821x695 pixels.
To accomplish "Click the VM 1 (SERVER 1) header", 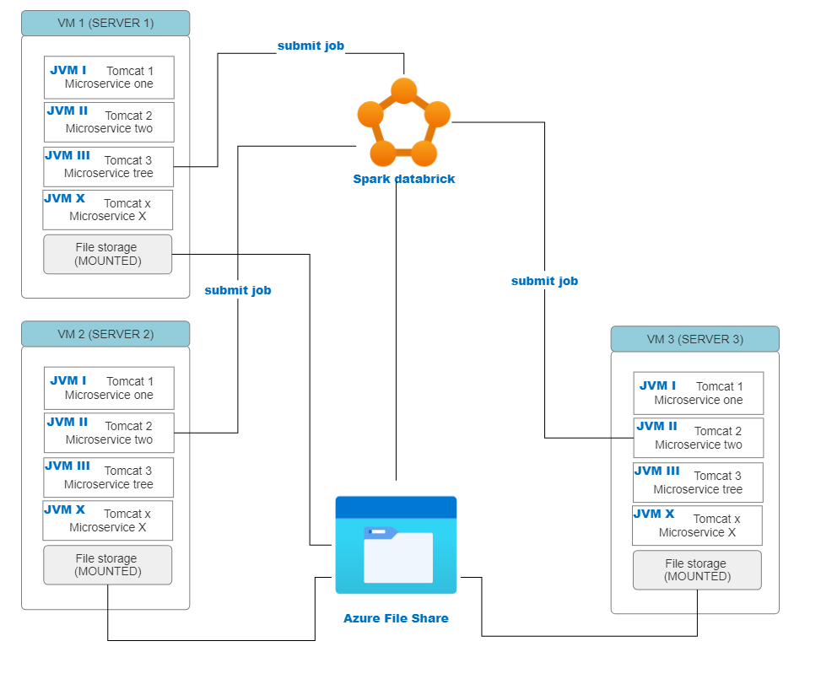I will (105, 23).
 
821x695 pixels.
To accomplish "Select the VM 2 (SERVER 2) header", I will (105, 334).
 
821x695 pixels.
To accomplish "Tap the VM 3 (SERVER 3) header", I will (694, 339).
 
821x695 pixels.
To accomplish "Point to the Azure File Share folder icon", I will (396, 545).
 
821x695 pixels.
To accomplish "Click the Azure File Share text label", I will (396, 618).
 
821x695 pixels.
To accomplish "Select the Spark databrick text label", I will (403, 179).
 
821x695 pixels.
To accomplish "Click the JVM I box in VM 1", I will (109, 78).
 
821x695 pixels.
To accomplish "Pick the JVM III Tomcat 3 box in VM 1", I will (109, 167).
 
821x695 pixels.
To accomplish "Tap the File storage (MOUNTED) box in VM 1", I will (107, 254).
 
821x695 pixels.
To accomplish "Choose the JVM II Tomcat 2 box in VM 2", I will (109, 433).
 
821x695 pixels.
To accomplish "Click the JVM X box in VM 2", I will (108, 520).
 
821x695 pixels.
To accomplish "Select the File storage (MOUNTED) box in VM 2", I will (107, 564).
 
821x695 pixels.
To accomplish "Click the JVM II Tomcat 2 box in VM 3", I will (698, 438).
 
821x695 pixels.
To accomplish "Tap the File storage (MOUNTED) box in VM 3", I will (697, 570).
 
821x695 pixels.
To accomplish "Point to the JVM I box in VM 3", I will (698, 393).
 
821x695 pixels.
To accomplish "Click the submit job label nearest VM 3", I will (544, 281).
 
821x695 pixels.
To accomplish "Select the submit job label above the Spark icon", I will (311, 46).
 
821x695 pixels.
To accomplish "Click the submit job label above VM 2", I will (238, 290).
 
